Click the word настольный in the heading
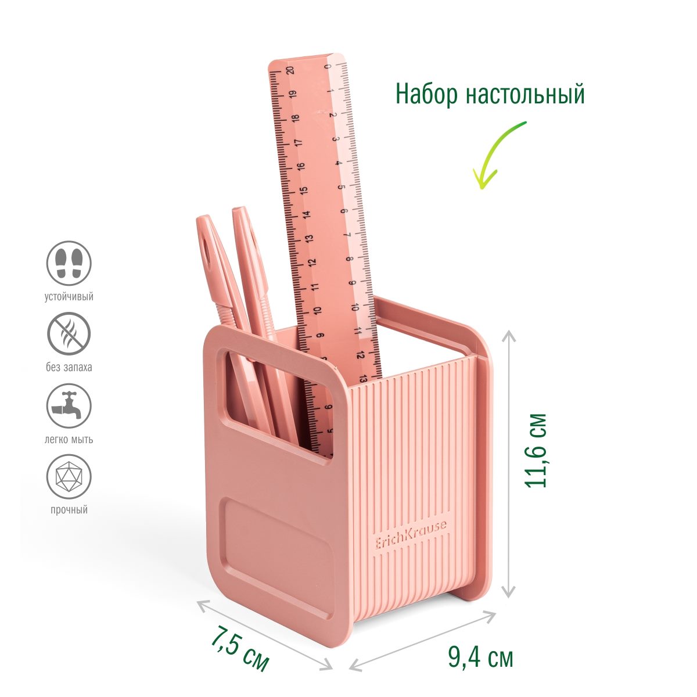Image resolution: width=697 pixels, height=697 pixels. [x=526, y=95]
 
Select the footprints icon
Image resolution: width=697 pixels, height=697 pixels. [x=69, y=263]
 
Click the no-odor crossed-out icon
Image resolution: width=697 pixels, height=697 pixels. [x=69, y=334]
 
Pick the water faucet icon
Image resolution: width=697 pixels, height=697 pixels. [x=69, y=405]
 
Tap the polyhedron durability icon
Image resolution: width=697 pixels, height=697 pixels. [x=69, y=477]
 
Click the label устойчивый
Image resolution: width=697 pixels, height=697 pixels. [x=69, y=297]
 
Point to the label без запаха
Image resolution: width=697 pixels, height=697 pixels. [x=69, y=368]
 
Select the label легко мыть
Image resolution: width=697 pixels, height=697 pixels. [x=69, y=440]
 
